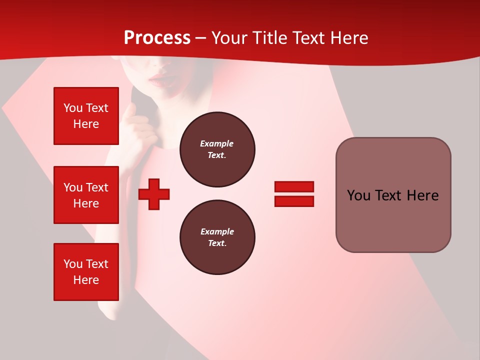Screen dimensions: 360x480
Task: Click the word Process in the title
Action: coord(157,38)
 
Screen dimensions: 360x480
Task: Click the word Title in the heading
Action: coord(269,38)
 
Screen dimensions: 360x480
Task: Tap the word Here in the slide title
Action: coord(348,38)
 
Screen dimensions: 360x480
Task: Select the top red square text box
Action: coord(86,116)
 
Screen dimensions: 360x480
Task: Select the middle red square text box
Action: coord(86,195)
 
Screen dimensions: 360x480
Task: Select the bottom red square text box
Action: coord(86,271)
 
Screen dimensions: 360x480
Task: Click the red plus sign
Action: coord(154,194)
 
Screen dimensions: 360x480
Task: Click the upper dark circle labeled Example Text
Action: coord(217,149)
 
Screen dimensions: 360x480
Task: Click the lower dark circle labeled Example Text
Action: coord(217,237)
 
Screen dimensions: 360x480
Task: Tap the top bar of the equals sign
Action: coord(294,186)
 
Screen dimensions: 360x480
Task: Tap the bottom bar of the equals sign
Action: coord(294,201)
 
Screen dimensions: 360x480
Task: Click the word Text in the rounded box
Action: coord(390,195)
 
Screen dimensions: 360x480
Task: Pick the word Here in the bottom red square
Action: coord(86,280)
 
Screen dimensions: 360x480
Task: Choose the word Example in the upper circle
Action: coord(216,143)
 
